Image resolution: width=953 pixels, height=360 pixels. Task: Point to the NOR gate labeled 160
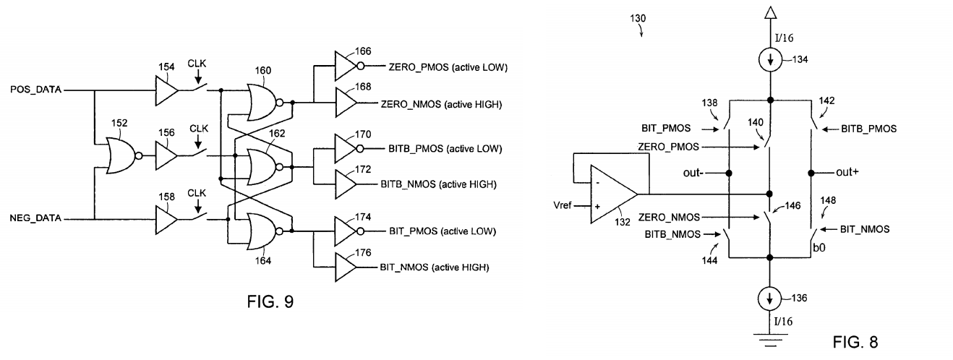(263, 103)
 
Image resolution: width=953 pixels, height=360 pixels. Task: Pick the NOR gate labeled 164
(263, 231)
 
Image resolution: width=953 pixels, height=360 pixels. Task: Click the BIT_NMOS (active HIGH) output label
(434, 267)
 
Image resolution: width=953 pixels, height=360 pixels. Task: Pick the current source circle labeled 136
(770, 298)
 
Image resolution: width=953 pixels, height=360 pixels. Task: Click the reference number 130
(638, 17)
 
